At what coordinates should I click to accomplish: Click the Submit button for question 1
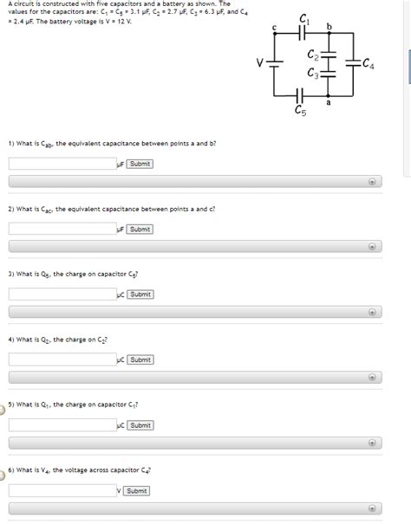(x=140, y=164)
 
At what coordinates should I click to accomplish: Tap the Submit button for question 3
(x=140, y=294)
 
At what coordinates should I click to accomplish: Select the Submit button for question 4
(x=140, y=359)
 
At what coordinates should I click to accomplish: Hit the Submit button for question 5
(x=140, y=425)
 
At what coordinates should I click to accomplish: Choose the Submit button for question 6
(x=136, y=491)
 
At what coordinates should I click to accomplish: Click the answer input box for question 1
(x=62, y=164)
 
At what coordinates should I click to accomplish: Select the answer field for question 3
(x=62, y=294)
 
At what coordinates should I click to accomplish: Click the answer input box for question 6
(x=62, y=491)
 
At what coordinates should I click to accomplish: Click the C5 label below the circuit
(x=300, y=111)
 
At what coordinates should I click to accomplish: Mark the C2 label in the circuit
(x=313, y=55)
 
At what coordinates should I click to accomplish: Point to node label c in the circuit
(x=274, y=28)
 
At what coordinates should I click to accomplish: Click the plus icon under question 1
(x=371, y=182)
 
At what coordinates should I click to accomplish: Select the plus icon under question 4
(x=371, y=378)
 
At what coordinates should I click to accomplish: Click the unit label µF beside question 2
(x=121, y=230)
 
